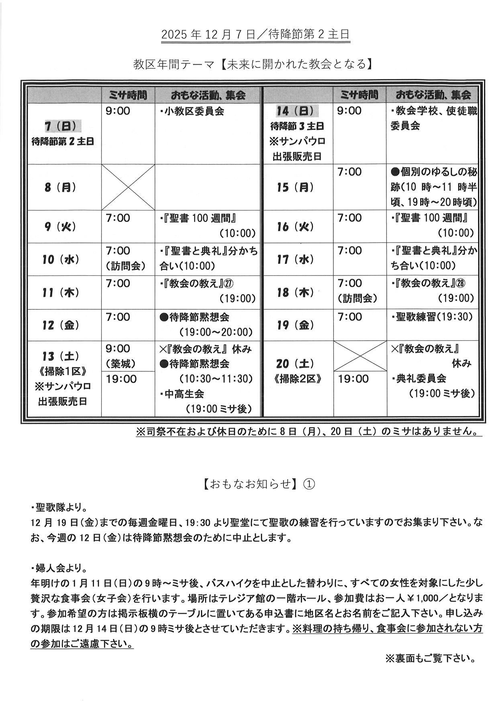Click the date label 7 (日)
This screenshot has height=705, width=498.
(63, 126)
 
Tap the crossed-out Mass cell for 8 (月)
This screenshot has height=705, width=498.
(128, 187)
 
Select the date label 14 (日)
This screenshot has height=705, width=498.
(295, 111)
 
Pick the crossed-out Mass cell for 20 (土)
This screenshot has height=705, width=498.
(360, 356)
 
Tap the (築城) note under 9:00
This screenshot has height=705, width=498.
(120, 364)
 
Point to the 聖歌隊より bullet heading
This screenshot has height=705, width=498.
(59, 507)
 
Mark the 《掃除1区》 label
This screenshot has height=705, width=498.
(61, 371)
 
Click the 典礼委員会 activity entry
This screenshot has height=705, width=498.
(421, 378)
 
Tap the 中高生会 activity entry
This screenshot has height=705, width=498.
(184, 394)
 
